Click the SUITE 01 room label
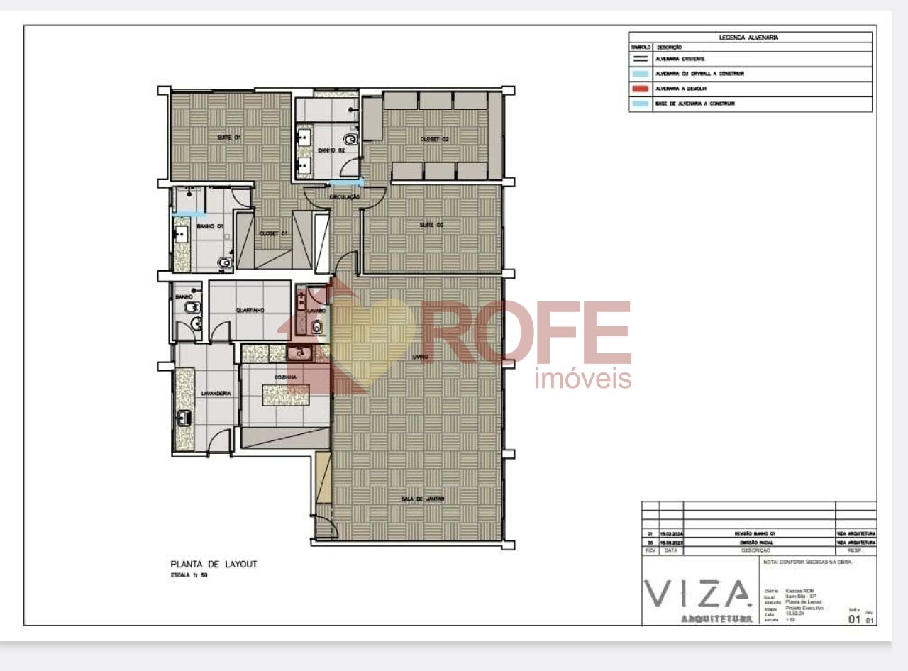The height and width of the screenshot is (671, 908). [229, 136]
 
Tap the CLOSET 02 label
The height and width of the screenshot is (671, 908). [434, 139]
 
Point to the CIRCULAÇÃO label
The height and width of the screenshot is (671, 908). [345, 196]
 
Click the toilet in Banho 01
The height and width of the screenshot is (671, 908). [225, 263]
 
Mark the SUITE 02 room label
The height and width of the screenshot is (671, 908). [431, 225]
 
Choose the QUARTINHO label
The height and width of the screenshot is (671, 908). [250, 310]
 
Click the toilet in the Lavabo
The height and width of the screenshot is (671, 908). [316, 326]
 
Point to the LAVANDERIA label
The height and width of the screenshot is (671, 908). [216, 393]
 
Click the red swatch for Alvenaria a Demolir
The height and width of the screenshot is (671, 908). [640, 89]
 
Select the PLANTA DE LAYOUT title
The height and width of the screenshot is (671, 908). [214, 564]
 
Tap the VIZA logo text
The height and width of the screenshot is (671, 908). [698, 594]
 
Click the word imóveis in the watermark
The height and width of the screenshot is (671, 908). [582, 379]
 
